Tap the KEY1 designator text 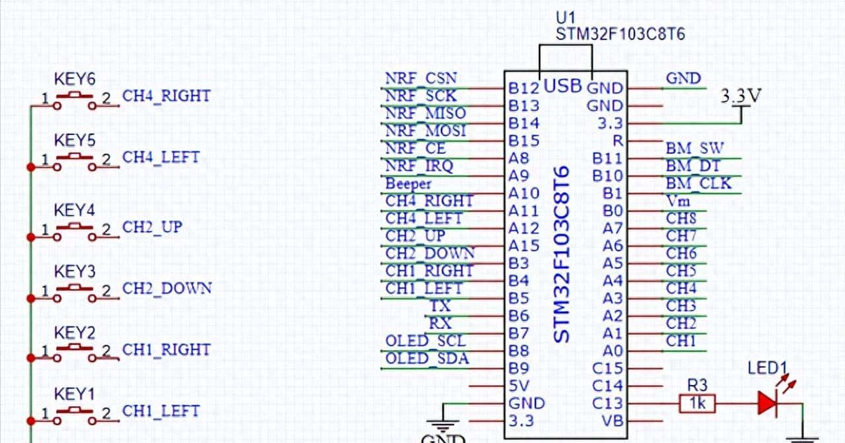(75, 394)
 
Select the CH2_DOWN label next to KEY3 (167, 288)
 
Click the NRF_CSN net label (421, 78)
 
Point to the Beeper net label (408, 184)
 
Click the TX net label (440, 306)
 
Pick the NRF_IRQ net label (419, 166)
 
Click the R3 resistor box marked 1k (696, 403)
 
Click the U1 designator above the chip (566, 18)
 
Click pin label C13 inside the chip (607, 403)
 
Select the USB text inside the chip (563, 86)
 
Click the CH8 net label (681, 218)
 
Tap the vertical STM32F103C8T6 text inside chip (562, 254)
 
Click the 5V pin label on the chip (519, 386)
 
